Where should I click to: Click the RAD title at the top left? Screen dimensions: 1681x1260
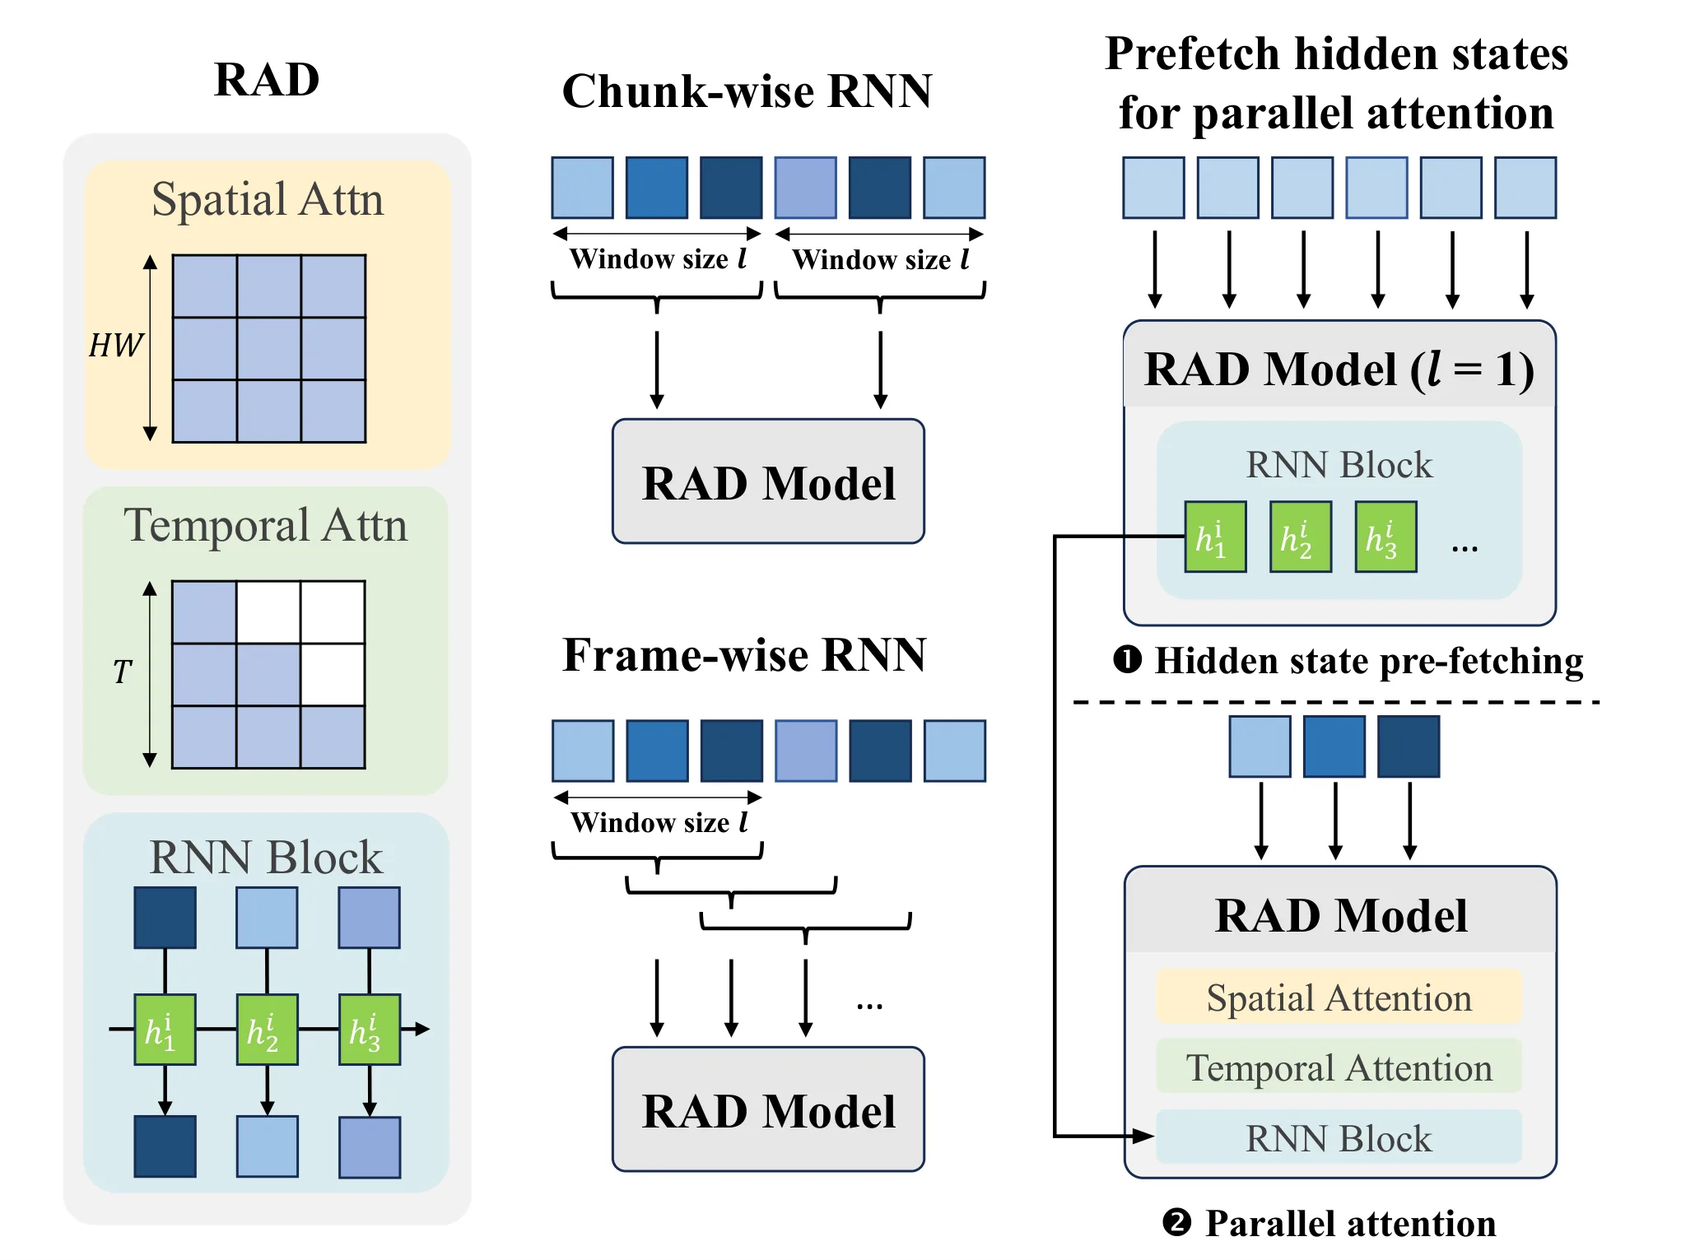click(267, 80)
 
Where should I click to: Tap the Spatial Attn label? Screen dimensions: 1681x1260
click(268, 199)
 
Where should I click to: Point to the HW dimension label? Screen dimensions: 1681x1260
click(116, 346)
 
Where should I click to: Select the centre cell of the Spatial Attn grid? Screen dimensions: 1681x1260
click(269, 348)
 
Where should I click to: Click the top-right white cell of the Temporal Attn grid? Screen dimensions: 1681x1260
click(333, 611)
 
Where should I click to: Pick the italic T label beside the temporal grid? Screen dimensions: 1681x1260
click(122, 672)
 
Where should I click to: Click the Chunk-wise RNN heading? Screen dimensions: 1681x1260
click(747, 91)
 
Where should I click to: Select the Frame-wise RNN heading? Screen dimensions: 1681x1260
click(744, 655)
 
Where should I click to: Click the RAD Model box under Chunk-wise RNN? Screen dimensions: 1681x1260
click(768, 481)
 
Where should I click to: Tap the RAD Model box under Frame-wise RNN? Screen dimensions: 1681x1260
click(768, 1109)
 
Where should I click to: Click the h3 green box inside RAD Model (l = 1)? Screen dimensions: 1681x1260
click(1385, 537)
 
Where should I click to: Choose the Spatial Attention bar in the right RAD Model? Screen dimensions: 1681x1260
click(1339, 997)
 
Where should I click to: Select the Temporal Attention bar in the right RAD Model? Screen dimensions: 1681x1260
click(1339, 1067)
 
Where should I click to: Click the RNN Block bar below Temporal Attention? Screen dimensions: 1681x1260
click(1339, 1137)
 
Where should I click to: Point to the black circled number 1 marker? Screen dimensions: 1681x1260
click(1127, 659)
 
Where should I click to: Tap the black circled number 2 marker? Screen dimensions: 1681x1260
click(1176, 1222)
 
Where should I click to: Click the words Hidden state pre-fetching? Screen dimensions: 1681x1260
click(1369, 661)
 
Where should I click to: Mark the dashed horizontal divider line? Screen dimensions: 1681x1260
click(1336, 702)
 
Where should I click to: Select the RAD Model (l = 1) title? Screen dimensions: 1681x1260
click(1339, 369)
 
